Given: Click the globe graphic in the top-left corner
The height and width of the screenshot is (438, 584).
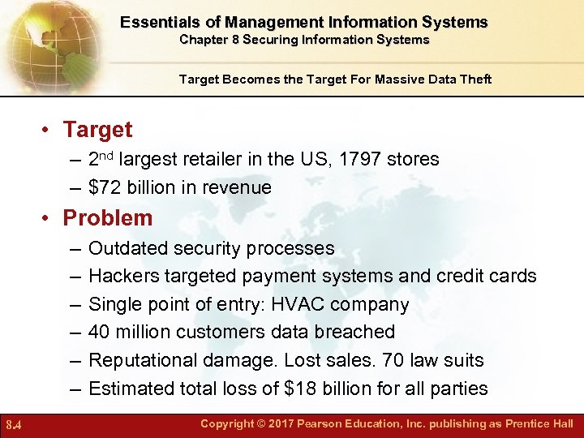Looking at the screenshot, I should point(45,41).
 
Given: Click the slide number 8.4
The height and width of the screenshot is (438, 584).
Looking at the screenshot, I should point(13,424).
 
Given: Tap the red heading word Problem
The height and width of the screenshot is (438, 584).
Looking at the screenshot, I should point(108,218).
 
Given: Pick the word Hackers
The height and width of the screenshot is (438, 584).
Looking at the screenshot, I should point(123,276).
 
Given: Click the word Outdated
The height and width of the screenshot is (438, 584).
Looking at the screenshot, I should point(127,247).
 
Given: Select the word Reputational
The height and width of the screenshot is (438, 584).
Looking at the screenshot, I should point(143,360).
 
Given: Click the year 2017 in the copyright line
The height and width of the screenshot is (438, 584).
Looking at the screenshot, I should point(277,424).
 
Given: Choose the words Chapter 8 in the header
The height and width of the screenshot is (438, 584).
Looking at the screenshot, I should point(209,39).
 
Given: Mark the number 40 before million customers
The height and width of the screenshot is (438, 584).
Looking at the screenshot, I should point(101,332).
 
